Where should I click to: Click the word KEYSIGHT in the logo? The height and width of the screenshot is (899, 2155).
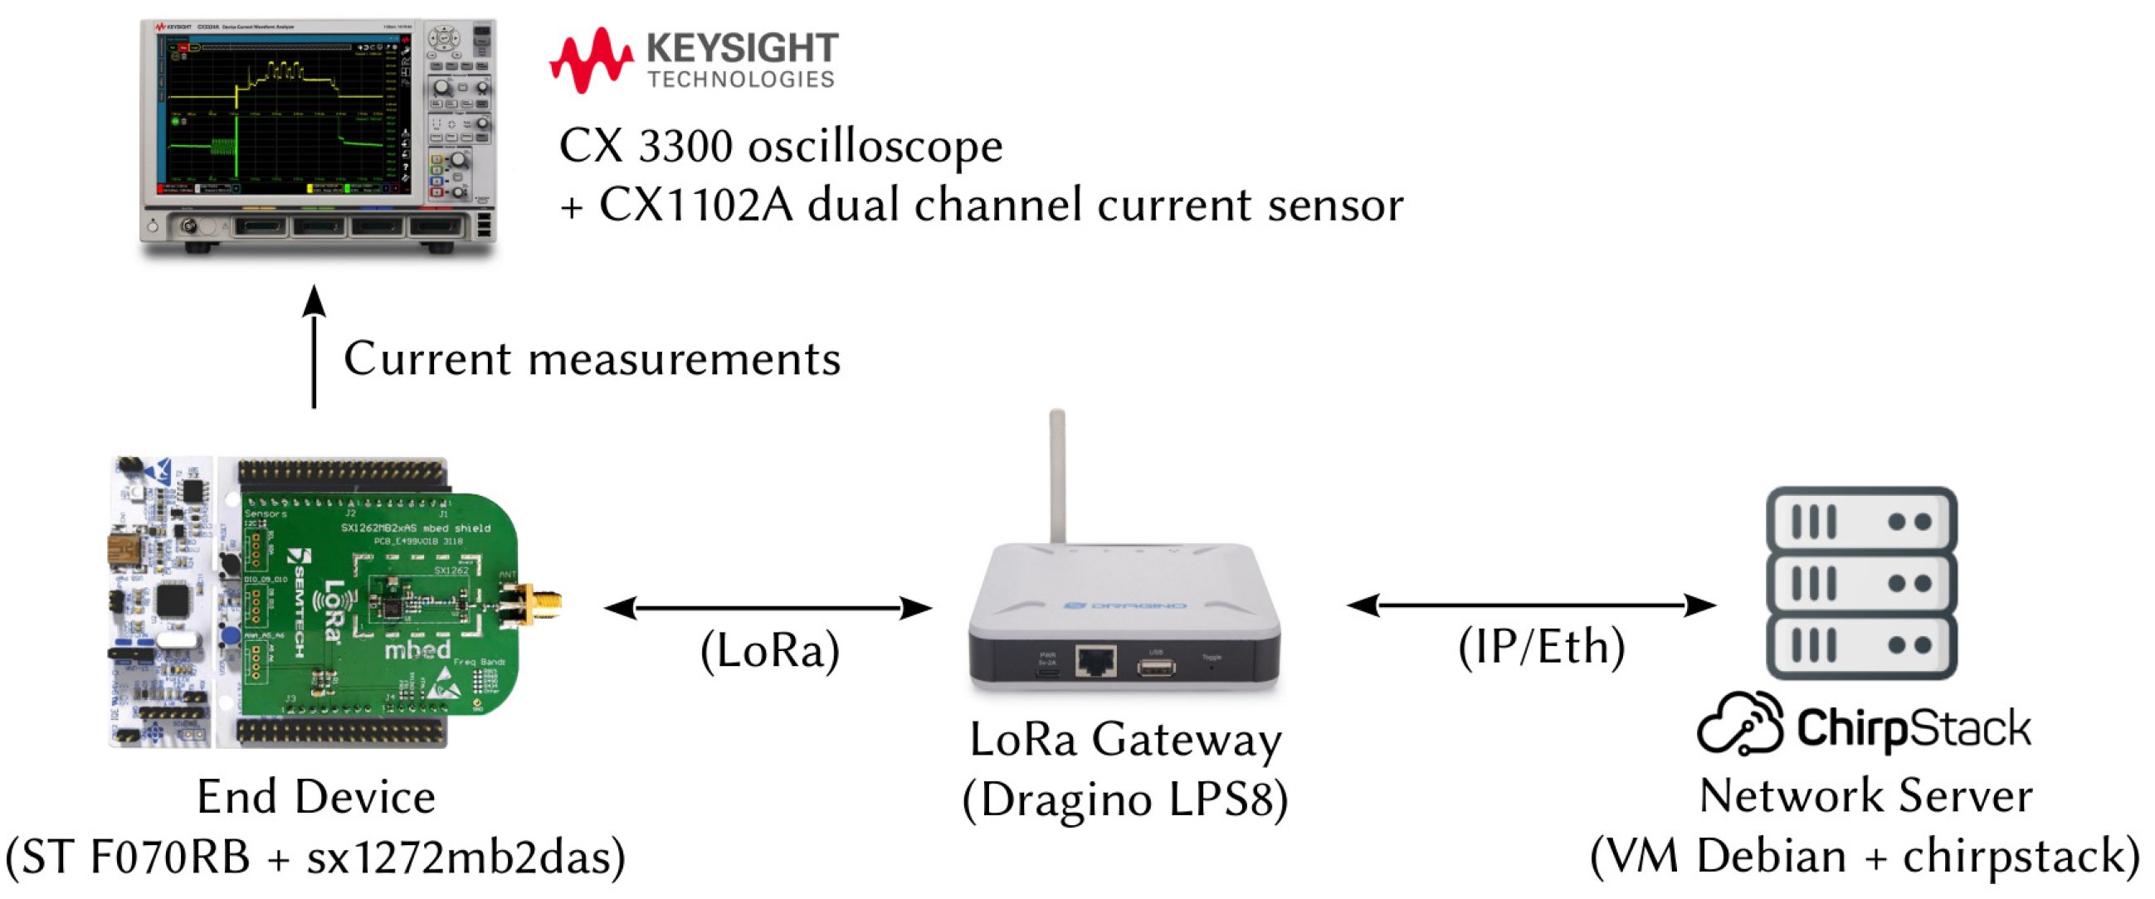click(x=742, y=47)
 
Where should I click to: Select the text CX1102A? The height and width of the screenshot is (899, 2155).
click(x=696, y=206)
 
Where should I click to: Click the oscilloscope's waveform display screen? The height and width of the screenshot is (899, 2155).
click(x=281, y=113)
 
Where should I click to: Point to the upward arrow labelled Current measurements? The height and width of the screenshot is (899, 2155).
click(x=314, y=347)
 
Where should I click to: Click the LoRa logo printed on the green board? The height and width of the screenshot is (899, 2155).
click(x=331, y=610)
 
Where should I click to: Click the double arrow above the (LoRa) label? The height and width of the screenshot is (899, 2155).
click(x=768, y=608)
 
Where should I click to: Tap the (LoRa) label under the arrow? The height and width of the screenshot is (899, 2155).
click(x=770, y=651)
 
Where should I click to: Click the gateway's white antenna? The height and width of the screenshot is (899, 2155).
click(x=1057, y=477)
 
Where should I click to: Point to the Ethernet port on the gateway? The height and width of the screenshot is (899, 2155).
click(x=1095, y=661)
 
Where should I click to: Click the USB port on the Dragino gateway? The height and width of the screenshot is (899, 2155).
click(x=1156, y=667)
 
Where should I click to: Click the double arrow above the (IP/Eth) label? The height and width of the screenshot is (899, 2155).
click(x=1532, y=605)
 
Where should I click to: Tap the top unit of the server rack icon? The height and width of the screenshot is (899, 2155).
click(x=1861, y=521)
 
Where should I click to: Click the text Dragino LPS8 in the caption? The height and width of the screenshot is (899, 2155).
click(x=1125, y=800)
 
